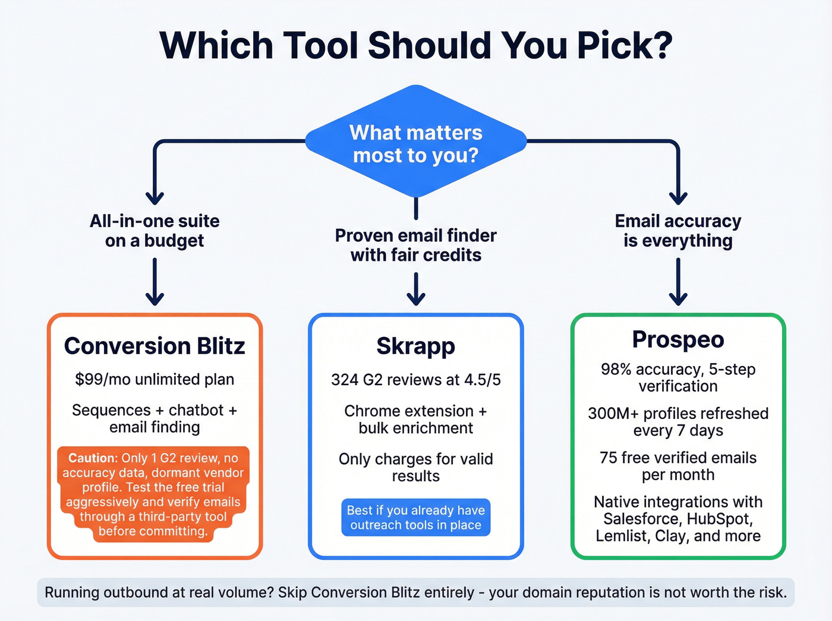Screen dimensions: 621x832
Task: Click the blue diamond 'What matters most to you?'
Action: click(416, 143)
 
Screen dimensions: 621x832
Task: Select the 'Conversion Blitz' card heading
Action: click(155, 346)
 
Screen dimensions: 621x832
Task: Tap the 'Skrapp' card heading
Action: click(416, 346)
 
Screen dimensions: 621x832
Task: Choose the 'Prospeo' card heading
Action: click(678, 339)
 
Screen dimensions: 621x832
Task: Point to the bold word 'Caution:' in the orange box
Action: click(93, 458)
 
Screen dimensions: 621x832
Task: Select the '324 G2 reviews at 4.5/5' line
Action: click(416, 380)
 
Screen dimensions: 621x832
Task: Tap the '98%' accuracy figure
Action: click(616, 369)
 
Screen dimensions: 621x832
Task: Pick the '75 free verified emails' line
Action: click(678, 458)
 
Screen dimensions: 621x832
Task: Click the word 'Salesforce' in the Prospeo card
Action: click(642, 519)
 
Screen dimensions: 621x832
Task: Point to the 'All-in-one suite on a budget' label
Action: click(155, 231)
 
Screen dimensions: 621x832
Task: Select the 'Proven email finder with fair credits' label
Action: click(416, 245)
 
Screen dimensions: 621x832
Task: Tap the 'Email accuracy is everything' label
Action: click(678, 231)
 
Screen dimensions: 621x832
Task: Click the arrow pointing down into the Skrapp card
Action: click(416, 290)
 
